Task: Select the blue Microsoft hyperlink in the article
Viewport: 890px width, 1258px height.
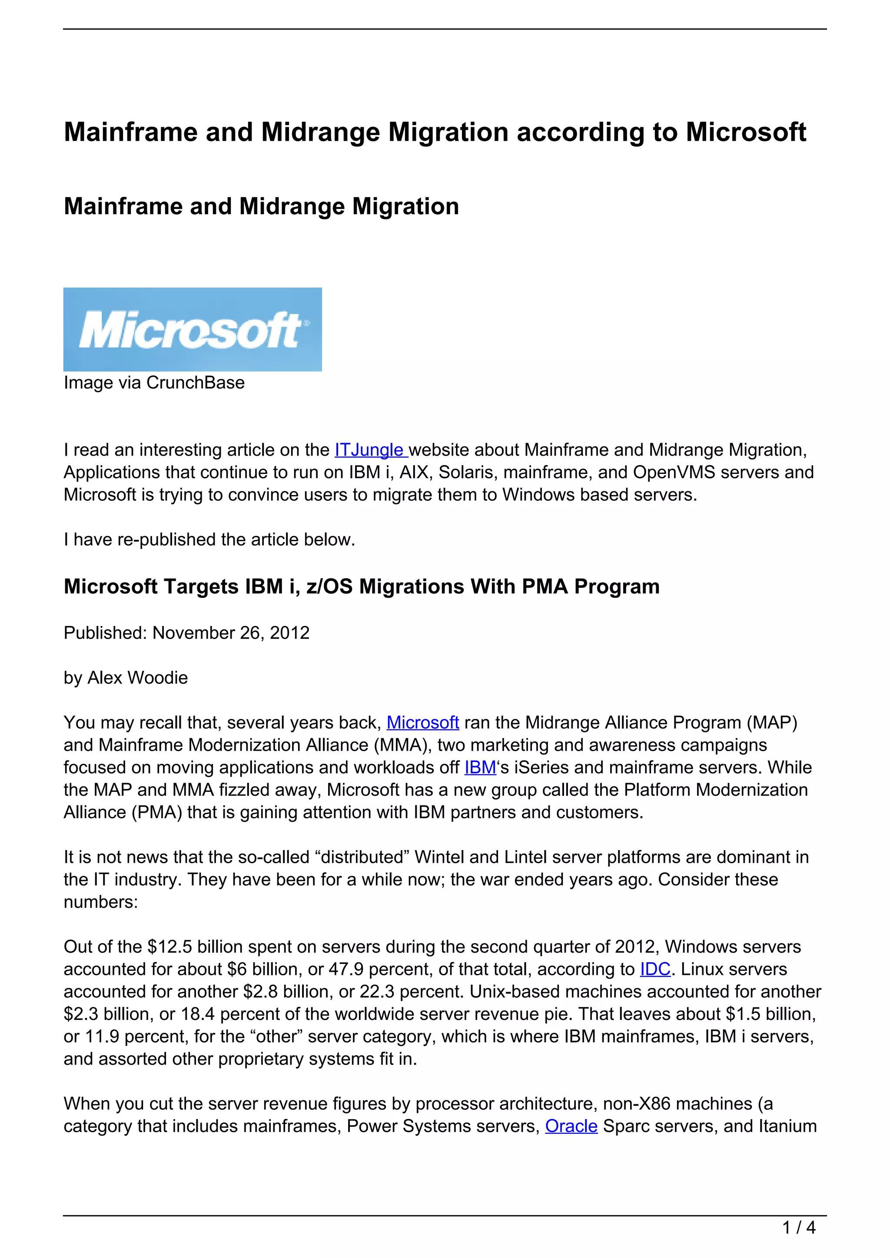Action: tap(422, 723)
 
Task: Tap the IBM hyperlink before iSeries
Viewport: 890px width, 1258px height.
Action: tap(480, 768)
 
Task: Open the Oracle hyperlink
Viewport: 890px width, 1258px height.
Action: tap(571, 1126)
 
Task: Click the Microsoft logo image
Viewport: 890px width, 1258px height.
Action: tap(193, 329)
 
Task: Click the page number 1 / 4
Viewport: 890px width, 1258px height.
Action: tap(799, 1228)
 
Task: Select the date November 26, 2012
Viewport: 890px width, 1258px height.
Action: tap(231, 633)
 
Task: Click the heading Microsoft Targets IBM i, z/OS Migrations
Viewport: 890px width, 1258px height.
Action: tap(361, 587)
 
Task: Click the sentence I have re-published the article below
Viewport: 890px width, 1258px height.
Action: tap(209, 540)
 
